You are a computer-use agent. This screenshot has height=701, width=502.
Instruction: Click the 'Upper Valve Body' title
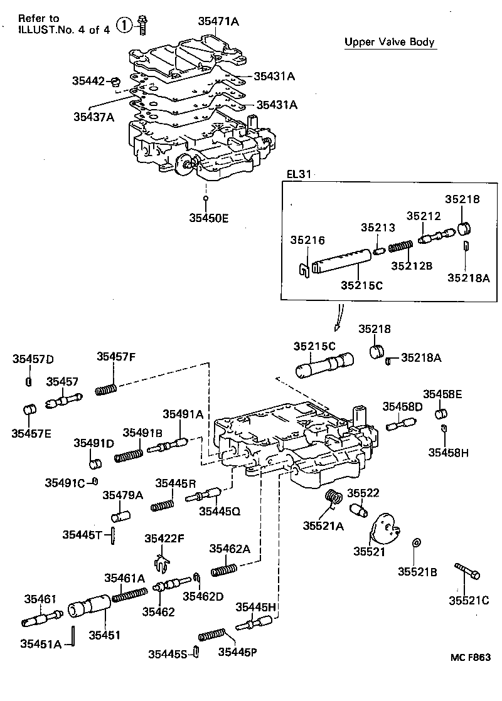[x=390, y=43]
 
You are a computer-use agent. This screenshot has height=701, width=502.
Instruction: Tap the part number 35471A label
[x=218, y=21]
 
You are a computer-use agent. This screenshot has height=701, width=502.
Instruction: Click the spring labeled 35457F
[x=107, y=388]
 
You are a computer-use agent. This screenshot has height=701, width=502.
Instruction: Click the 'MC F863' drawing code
[x=469, y=657]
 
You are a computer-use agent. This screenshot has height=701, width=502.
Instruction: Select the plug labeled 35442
[x=115, y=82]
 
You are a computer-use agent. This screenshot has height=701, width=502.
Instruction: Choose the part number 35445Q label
[x=219, y=511]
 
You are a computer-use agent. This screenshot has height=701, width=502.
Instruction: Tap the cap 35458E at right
[x=441, y=413]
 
